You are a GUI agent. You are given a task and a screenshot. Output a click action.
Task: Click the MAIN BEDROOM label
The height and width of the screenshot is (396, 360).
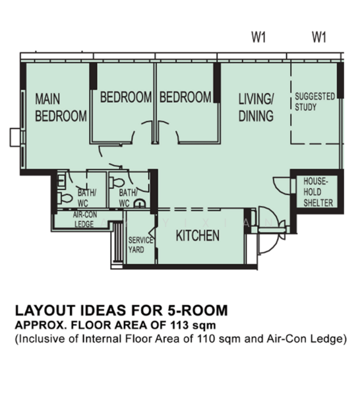click(61, 108)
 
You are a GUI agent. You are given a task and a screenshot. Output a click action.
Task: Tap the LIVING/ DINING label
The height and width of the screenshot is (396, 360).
click(256, 108)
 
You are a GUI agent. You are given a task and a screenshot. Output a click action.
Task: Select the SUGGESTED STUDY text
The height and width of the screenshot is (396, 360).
click(315, 102)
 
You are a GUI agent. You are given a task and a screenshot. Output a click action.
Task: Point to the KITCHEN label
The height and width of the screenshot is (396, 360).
click(198, 236)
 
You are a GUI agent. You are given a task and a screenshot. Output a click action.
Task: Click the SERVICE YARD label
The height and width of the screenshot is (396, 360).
click(140, 244)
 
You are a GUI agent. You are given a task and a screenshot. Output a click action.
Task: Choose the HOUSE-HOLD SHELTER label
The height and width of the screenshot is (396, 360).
click(318, 192)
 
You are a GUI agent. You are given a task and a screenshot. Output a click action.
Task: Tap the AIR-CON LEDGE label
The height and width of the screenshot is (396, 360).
click(85, 220)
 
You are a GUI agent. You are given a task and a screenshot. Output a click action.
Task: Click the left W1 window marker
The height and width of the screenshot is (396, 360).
click(258, 37)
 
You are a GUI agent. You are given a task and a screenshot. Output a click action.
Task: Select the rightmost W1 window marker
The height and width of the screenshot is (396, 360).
click(319, 37)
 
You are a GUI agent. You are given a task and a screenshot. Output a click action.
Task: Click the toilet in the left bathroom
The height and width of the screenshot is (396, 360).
click(65, 199)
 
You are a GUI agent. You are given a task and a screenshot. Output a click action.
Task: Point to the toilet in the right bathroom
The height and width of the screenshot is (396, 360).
click(117, 182)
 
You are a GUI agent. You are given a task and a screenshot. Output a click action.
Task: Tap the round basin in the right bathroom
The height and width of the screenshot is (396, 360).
click(140, 203)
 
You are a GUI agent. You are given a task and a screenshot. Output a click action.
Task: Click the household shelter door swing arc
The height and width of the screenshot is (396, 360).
click(280, 185)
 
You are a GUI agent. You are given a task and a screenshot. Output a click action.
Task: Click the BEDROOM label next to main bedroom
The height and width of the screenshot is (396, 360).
click(126, 97)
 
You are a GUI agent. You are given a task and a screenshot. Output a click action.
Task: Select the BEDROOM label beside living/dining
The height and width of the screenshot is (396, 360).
click(185, 97)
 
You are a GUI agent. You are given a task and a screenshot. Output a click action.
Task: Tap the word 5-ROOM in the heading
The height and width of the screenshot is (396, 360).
click(198, 310)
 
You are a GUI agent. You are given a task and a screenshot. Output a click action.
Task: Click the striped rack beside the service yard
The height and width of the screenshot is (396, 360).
click(117, 242)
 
